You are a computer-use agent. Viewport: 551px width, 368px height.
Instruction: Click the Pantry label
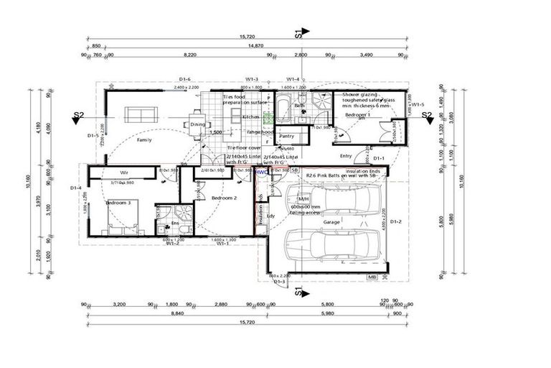coord(286,136)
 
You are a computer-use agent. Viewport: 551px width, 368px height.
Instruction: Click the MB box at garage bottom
coord(372,277)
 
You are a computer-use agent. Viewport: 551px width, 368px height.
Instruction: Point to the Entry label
coord(347,155)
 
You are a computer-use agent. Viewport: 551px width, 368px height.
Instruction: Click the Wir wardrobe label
coord(123,173)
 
